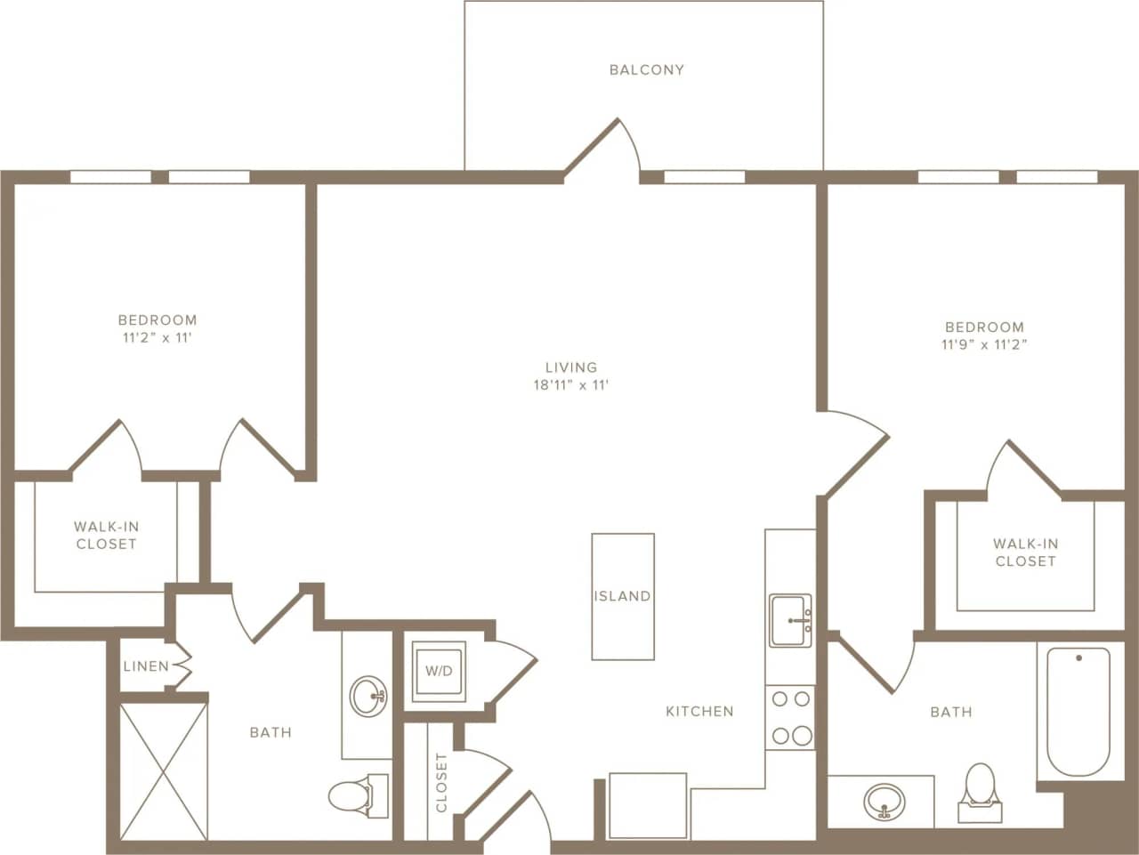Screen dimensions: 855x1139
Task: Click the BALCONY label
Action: pyautogui.click(x=646, y=69)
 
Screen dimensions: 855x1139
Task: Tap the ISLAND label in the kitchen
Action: pyautogui.click(x=622, y=596)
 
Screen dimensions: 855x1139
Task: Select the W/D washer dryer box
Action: pyautogui.click(x=438, y=671)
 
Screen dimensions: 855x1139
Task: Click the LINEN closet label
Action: pyautogui.click(x=146, y=666)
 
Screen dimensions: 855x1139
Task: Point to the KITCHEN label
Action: pyautogui.click(x=700, y=711)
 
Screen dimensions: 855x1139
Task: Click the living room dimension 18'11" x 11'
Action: pyautogui.click(x=570, y=385)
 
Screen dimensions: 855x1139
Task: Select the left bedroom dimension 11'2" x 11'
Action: pyautogui.click(x=158, y=338)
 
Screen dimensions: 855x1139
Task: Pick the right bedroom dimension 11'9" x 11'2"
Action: pyautogui.click(x=984, y=345)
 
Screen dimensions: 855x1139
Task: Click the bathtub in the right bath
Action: pyautogui.click(x=1078, y=712)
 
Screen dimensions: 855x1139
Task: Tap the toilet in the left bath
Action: pyautogui.click(x=356, y=794)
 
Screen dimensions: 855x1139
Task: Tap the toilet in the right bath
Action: pyautogui.click(x=980, y=788)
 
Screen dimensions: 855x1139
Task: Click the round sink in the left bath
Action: pyautogui.click(x=368, y=696)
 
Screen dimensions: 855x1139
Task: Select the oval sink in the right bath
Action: pyautogui.click(x=883, y=801)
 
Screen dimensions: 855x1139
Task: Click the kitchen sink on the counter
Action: pyautogui.click(x=790, y=619)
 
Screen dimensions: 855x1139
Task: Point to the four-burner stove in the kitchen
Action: pyautogui.click(x=790, y=717)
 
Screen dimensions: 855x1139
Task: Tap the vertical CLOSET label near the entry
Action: pyautogui.click(x=441, y=782)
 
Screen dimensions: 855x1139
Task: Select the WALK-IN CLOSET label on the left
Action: pyautogui.click(x=106, y=536)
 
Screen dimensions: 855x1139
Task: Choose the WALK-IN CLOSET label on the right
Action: pyautogui.click(x=1025, y=553)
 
